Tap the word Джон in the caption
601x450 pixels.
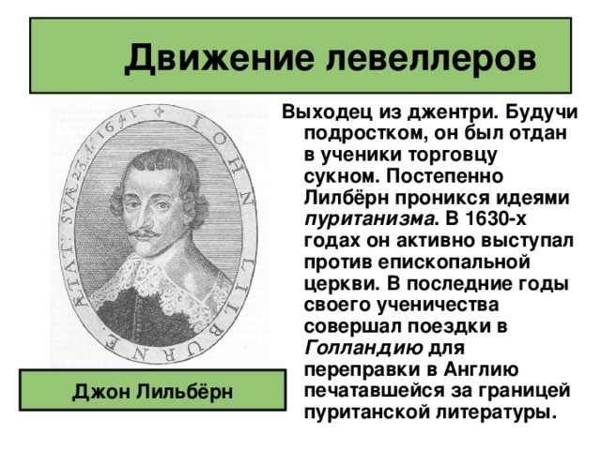click(101, 391)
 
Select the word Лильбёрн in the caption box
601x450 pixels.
click(185, 391)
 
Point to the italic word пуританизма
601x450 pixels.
click(370, 219)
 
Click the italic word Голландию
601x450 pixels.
click(363, 348)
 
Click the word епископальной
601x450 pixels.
click(455, 262)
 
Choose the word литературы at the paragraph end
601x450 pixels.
click(497, 413)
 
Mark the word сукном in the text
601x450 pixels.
click(343, 176)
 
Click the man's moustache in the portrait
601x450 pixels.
click(144, 233)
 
